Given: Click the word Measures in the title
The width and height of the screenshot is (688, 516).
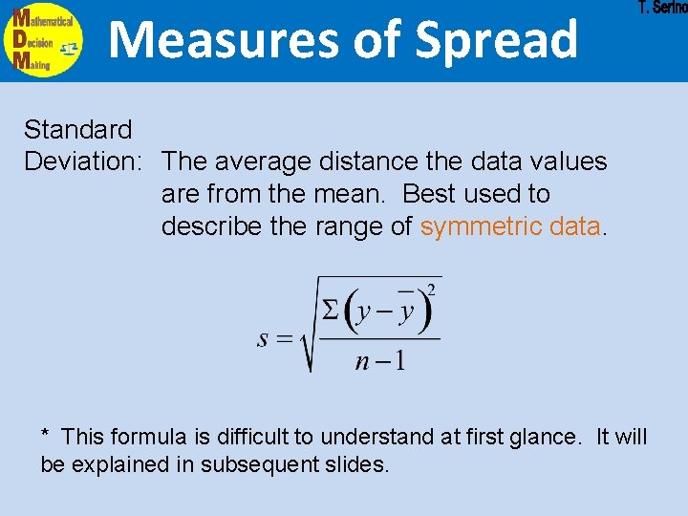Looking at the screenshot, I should pyautogui.click(x=198, y=40).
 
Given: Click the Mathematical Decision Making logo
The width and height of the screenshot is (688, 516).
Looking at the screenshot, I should pyautogui.click(x=44, y=40).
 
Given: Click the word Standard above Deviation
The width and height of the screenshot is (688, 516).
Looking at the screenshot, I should pyautogui.click(x=78, y=128).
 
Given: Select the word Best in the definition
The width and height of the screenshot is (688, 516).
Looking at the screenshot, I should pyautogui.click(x=430, y=194).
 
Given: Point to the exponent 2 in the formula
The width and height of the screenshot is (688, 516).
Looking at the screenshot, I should pyautogui.click(x=432, y=290).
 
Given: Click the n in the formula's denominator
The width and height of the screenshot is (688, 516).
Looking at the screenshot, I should pyautogui.click(x=362, y=361).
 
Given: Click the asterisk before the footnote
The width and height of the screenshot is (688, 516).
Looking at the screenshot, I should pyautogui.click(x=45, y=435).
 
